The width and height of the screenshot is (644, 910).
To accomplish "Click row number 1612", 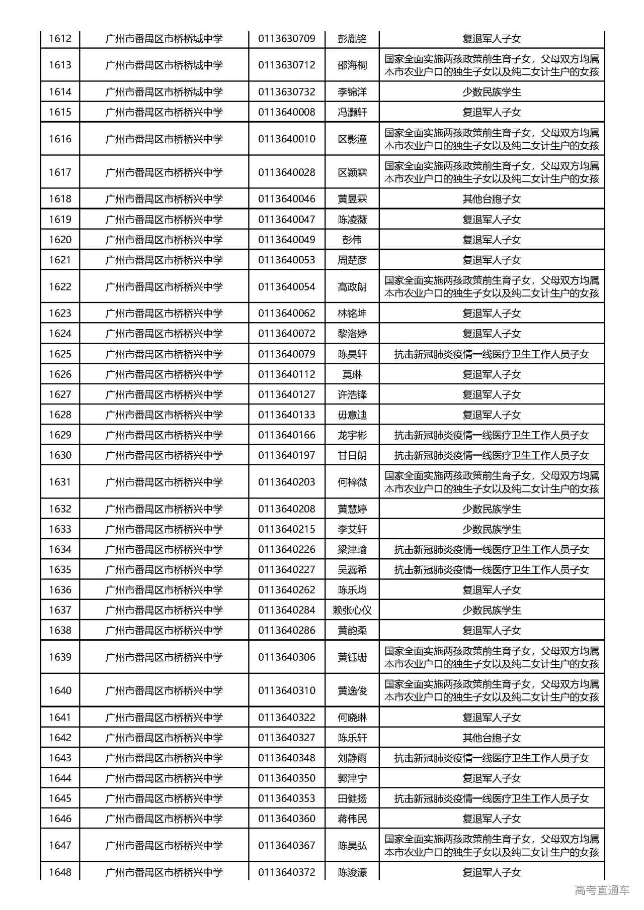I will click(x=60, y=39).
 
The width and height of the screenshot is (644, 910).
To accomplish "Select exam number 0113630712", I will click(x=287, y=65).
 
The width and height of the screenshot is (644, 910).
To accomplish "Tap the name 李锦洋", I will click(x=352, y=92).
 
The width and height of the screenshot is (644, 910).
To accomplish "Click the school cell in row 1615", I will click(x=164, y=112).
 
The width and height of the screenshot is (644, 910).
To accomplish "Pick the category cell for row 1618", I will click(x=492, y=199).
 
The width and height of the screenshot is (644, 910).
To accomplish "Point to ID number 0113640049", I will click(x=287, y=240).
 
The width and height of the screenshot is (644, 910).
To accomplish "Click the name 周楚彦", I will click(x=352, y=260).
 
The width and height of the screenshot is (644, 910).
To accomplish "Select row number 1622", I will click(x=60, y=287).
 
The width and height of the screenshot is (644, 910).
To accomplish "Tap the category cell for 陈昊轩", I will click(x=492, y=354).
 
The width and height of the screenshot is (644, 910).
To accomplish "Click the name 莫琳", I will click(x=352, y=374).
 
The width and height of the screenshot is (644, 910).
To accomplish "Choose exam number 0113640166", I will click(x=287, y=435).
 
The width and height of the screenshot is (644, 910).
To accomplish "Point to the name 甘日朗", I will click(x=352, y=455).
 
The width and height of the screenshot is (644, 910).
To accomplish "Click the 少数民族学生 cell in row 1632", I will click(x=492, y=509).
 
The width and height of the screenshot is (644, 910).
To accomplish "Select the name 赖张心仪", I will click(x=352, y=610).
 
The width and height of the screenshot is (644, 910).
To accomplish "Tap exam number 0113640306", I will click(x=287, y=657).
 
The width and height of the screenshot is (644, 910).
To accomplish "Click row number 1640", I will click(x=60, y=690).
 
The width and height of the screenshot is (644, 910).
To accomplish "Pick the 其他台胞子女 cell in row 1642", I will click(x=492, y=738).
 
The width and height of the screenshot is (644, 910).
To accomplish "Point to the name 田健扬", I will click(x=352, y=798).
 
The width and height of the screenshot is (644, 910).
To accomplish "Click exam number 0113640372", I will click(x=287, y=872).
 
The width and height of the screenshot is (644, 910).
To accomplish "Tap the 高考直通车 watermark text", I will click(x=602, y=890).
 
